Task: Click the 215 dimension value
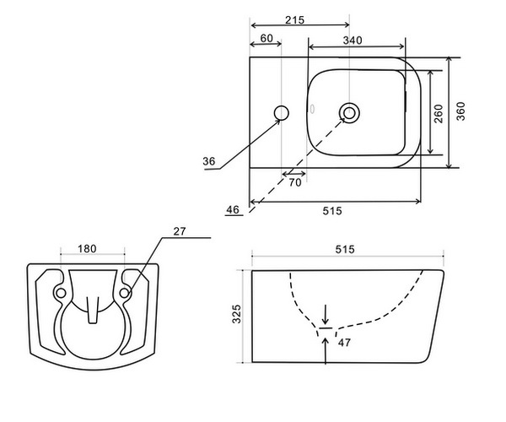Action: point(294,19)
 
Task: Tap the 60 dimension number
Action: point(266,39)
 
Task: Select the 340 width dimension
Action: point(353,40)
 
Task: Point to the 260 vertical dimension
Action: point(438,114)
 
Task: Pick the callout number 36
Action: point(209,160)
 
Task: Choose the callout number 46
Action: point(234,208)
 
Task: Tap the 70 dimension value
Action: point(295,181)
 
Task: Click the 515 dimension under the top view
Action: point(331,212)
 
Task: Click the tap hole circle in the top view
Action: point(282,113)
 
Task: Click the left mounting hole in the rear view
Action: point(60,292)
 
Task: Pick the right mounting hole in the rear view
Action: point(125,292)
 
